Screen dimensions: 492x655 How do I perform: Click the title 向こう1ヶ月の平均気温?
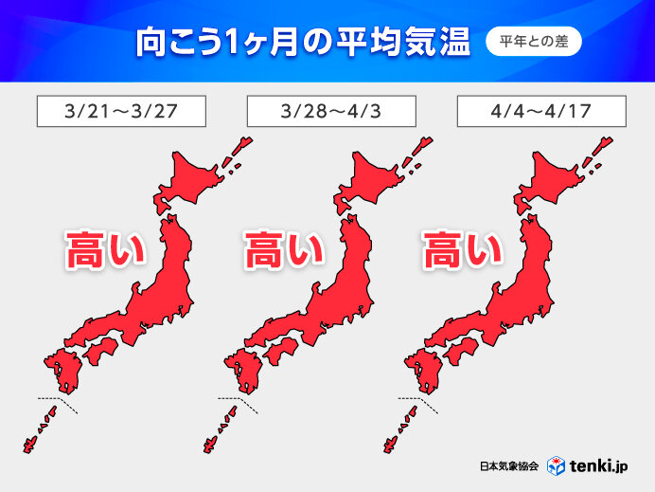point(290,43)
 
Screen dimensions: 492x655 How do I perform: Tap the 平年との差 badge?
point(533,43)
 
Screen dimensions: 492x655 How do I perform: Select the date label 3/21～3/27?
point(121,111)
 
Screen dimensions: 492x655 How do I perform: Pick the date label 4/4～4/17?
point(540,111)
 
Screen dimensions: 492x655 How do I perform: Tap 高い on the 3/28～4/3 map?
point(284,252)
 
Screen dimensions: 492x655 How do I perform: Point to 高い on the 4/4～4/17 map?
point(462,252)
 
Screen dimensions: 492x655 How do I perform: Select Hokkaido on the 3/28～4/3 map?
point(376,179)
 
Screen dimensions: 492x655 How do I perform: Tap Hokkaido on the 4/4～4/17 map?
point(554,179)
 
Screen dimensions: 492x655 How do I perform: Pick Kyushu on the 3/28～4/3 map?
point(242,370)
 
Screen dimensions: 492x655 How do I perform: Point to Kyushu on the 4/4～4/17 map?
point(420,370)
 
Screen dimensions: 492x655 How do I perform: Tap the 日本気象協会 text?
point(508,466)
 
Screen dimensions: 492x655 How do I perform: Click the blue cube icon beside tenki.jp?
point(559,465)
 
